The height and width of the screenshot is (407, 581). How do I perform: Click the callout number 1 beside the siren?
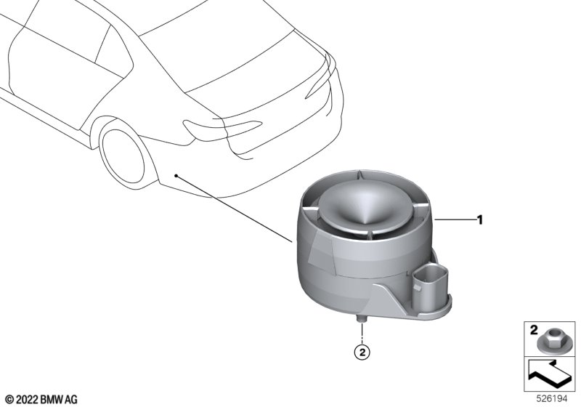pos(480,220)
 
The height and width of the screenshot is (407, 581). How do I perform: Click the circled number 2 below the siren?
pos(362,352)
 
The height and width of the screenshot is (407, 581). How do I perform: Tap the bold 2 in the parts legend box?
pos(534,329)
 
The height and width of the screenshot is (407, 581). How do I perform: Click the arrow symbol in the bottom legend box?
pos(548,374)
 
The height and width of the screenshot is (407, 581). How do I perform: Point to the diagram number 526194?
pos(552,399)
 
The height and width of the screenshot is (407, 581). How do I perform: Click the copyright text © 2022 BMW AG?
pos(42,400)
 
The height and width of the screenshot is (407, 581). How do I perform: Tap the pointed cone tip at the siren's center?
pos(364,222)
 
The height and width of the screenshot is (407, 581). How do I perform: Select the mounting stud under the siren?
pos(361,318)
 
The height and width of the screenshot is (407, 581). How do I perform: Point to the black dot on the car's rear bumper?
pos(176,175)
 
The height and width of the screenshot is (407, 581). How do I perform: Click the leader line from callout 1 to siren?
pos(455,220)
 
